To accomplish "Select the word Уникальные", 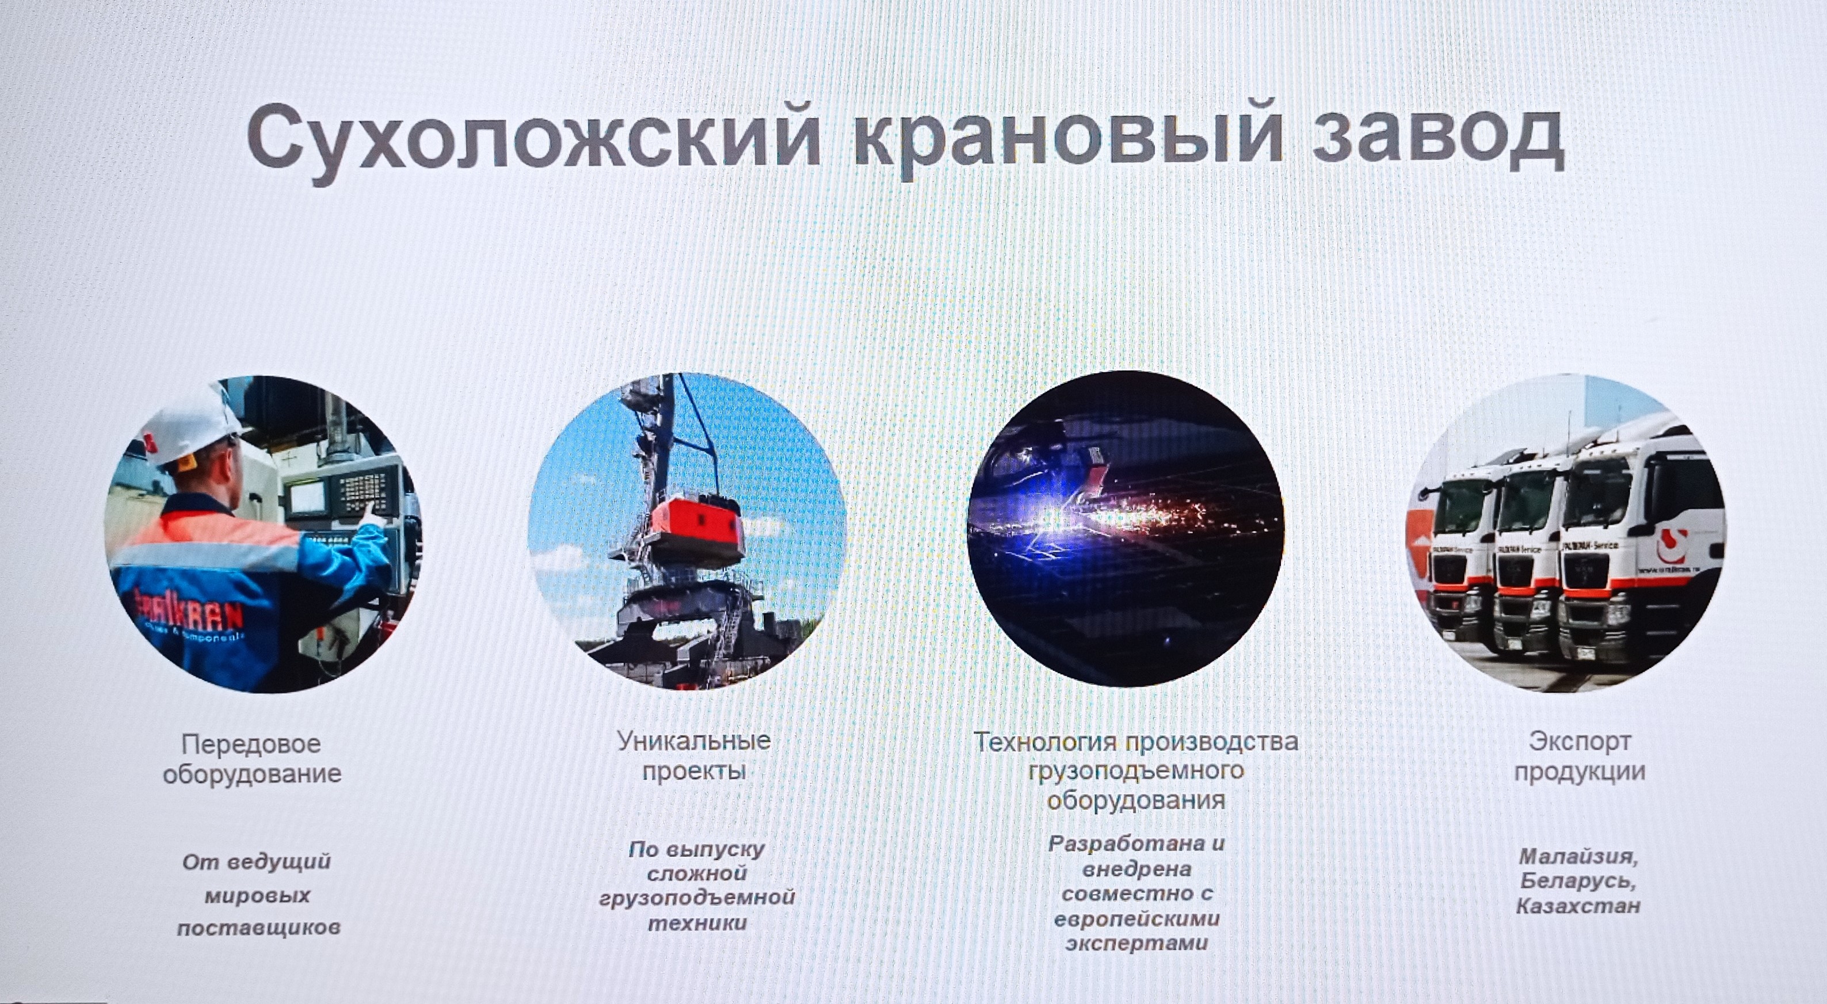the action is click(x=693, y=741).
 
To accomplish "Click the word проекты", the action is click(x=693, y=772).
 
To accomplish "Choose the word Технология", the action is click(x=1045, y=742).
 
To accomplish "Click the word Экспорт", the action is click(x=1580, y=742).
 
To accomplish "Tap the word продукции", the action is click(x=1580, y=772).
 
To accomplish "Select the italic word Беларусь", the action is click(x=1578, y=882).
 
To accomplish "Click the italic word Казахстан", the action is click(x=1578, y=906).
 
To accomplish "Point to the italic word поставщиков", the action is click(x=259, y=927).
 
